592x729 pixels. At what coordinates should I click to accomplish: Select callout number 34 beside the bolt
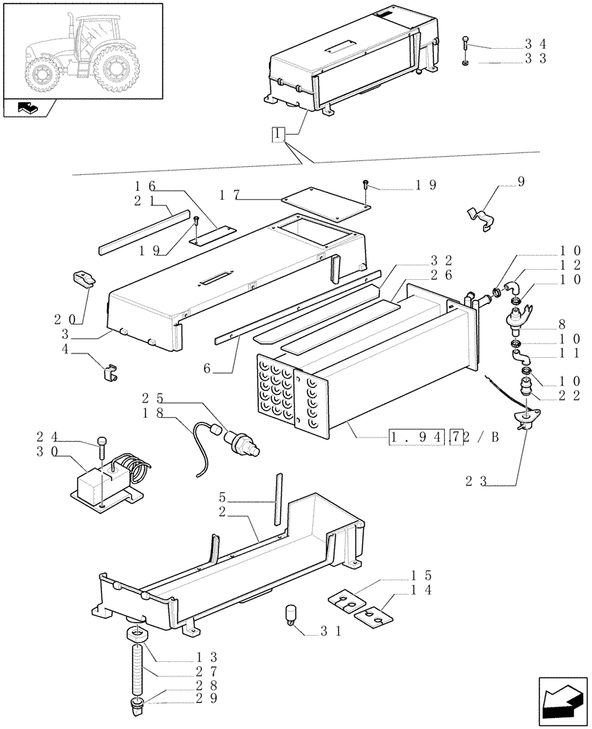point(536,45)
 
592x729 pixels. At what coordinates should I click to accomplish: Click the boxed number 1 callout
point(277,135)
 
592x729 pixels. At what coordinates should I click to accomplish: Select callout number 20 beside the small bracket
point(63,319)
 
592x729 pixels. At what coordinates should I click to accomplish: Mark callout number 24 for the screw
point(45,438)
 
